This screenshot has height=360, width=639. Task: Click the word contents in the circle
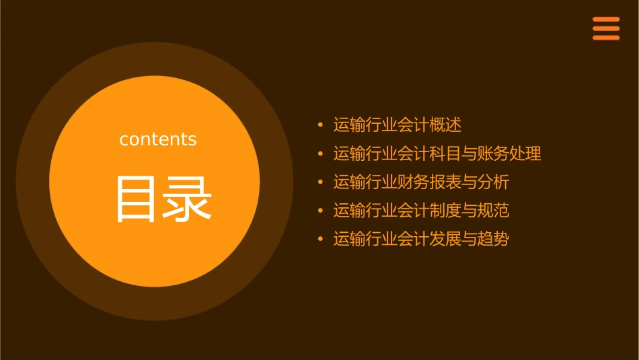click(158, 139)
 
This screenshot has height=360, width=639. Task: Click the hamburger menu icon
click(606, 28)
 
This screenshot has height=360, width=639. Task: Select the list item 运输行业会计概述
click(398, 125)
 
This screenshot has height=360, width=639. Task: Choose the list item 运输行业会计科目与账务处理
click(437, 153)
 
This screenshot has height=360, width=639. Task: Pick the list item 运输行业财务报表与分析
click(422, 182)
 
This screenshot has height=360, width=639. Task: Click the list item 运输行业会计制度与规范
click(422, 211)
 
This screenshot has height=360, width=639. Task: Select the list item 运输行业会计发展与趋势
click(422, 239)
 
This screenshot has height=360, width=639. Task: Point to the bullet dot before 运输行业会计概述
click(321, 125)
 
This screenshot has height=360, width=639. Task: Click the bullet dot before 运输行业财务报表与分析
click(321, 182)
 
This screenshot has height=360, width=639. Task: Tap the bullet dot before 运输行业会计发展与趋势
click(321, 239)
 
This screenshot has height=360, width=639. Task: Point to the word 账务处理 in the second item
click(509, 153)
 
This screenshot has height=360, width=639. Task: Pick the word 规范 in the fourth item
click(494, 211)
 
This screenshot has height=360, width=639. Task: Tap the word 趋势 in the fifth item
click(494, 239)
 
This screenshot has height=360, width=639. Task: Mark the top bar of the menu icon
click(606, 20)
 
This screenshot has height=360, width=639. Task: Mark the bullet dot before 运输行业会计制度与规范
click(321, 211)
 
